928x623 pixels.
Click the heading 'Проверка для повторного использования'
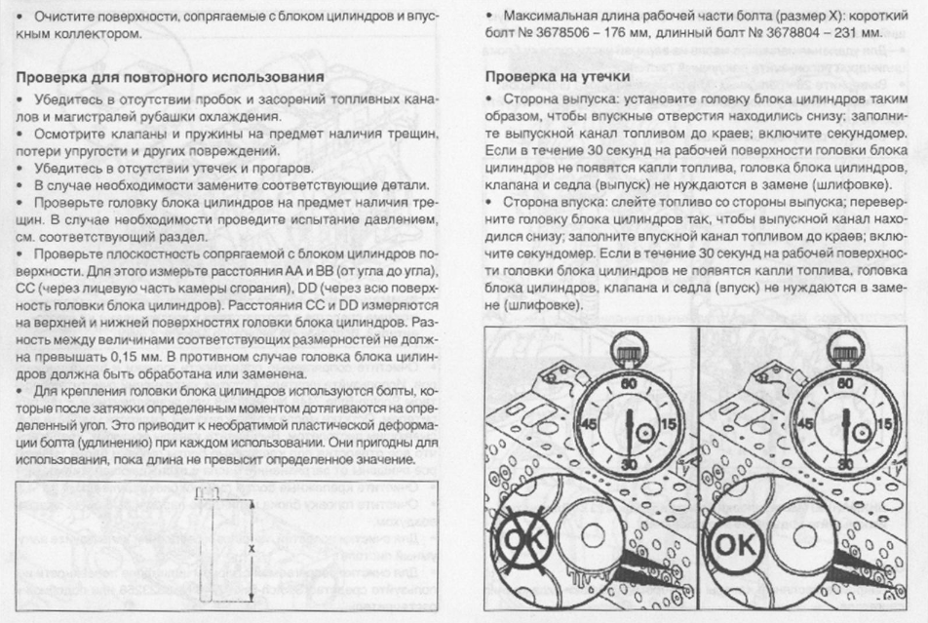pyautogui.click(x=172, y=75)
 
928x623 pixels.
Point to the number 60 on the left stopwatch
pyautogui.click(x=628, y=383)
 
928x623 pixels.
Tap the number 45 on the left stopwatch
pyautogui.click(x=587, y=425)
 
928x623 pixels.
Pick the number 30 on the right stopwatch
pyautogui.click(x=844, y=462)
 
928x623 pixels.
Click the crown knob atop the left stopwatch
pyautogui.click(x=629, y=346)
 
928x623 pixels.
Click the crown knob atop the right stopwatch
pyautogui.click(x=844, y=346)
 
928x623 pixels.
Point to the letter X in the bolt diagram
pyautogui.click(x=251, y=549)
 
